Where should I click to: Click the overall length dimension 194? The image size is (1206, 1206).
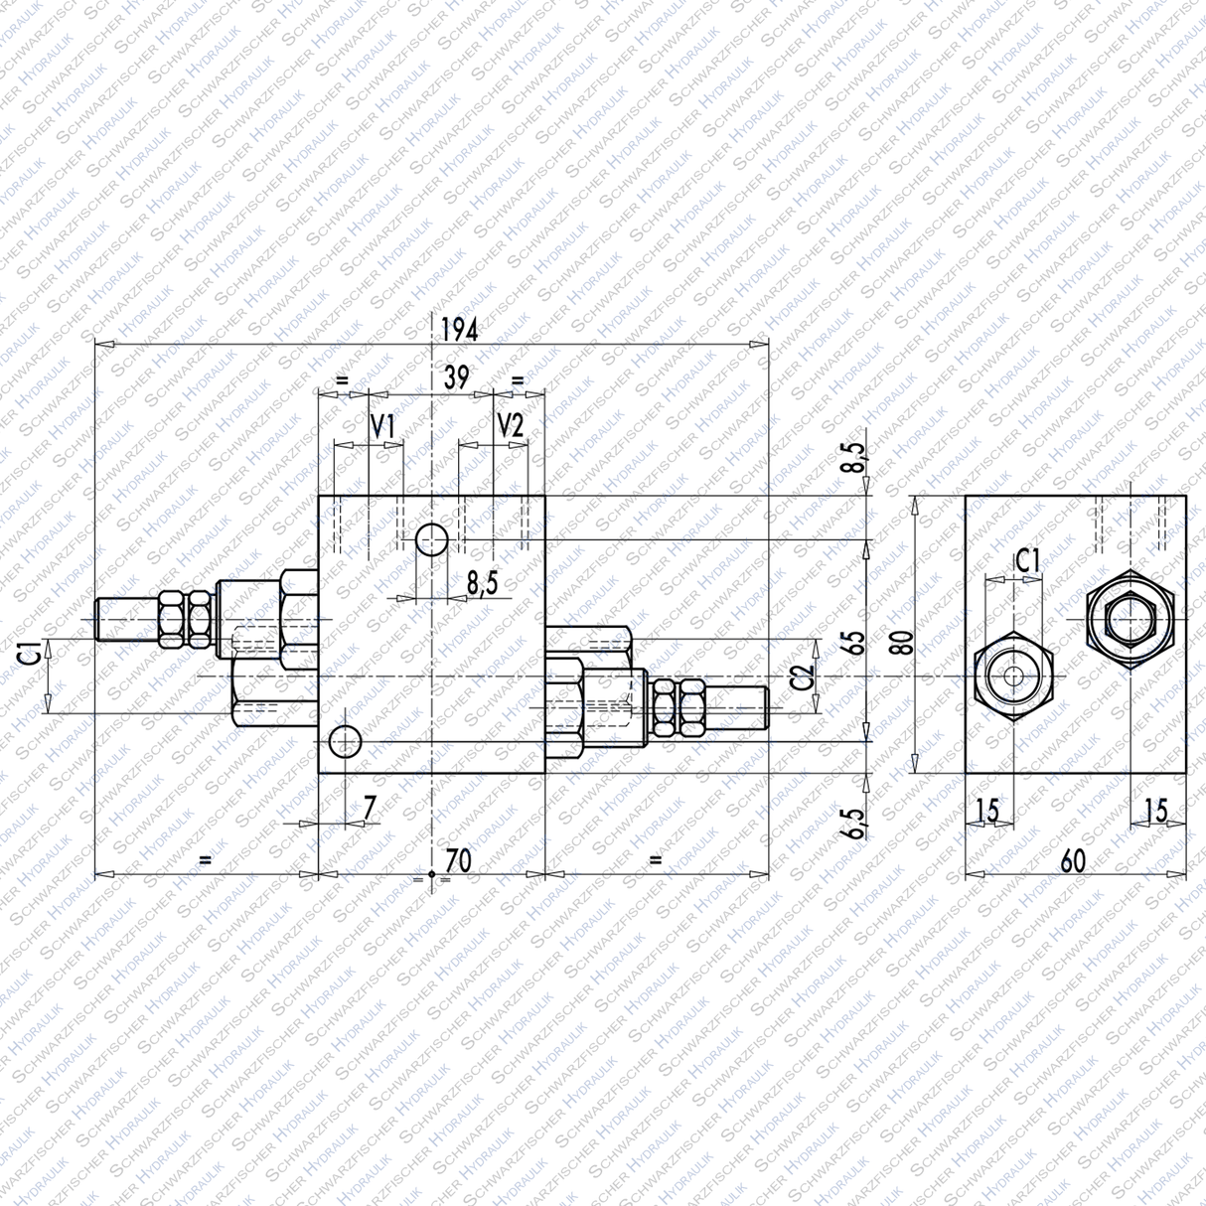(459, 329)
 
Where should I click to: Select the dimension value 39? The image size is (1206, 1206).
(456, 377)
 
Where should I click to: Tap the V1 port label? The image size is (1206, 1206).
(383, 427)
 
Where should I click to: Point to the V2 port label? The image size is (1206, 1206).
(510, 427)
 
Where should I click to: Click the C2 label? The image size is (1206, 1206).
(803, 677)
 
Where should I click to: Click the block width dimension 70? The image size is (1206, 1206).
(458, 860)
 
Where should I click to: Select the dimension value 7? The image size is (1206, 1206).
(370, 809)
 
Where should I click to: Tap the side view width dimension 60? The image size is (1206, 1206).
(1073, 861)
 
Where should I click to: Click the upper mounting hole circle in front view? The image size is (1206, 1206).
(431, 540)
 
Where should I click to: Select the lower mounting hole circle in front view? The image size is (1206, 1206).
(345, 741)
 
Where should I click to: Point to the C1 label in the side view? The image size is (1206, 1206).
(1027, 561)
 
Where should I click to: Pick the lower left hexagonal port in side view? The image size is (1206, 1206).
(1012, 677)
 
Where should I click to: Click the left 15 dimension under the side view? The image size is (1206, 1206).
(985, 811)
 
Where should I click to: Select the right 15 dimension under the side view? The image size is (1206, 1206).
(1155, 811)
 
